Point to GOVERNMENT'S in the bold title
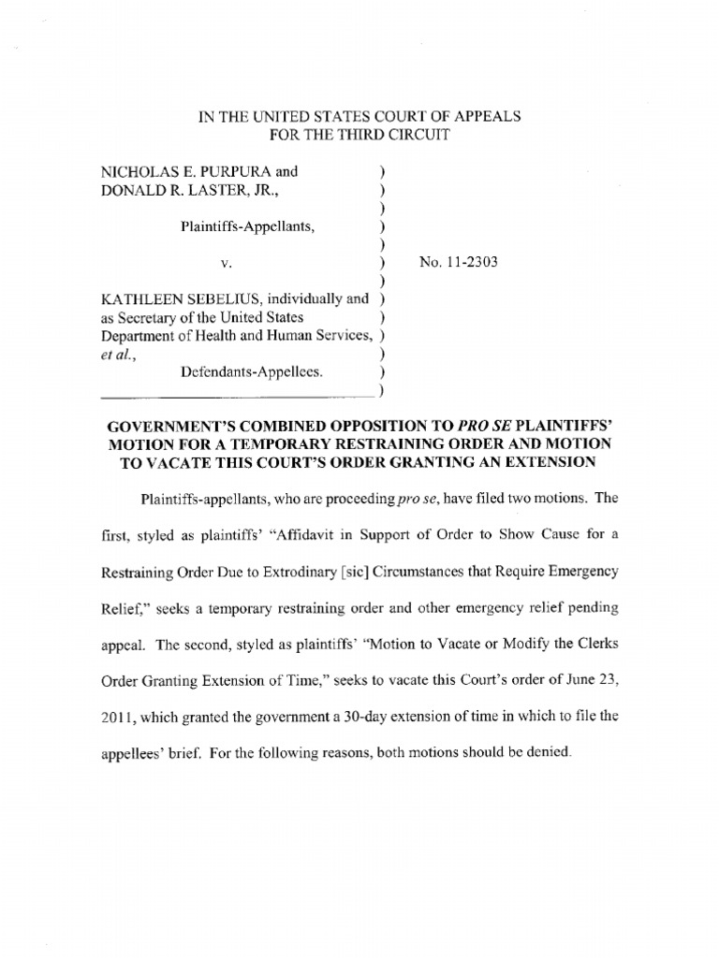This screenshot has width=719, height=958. (x=163, y=424)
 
